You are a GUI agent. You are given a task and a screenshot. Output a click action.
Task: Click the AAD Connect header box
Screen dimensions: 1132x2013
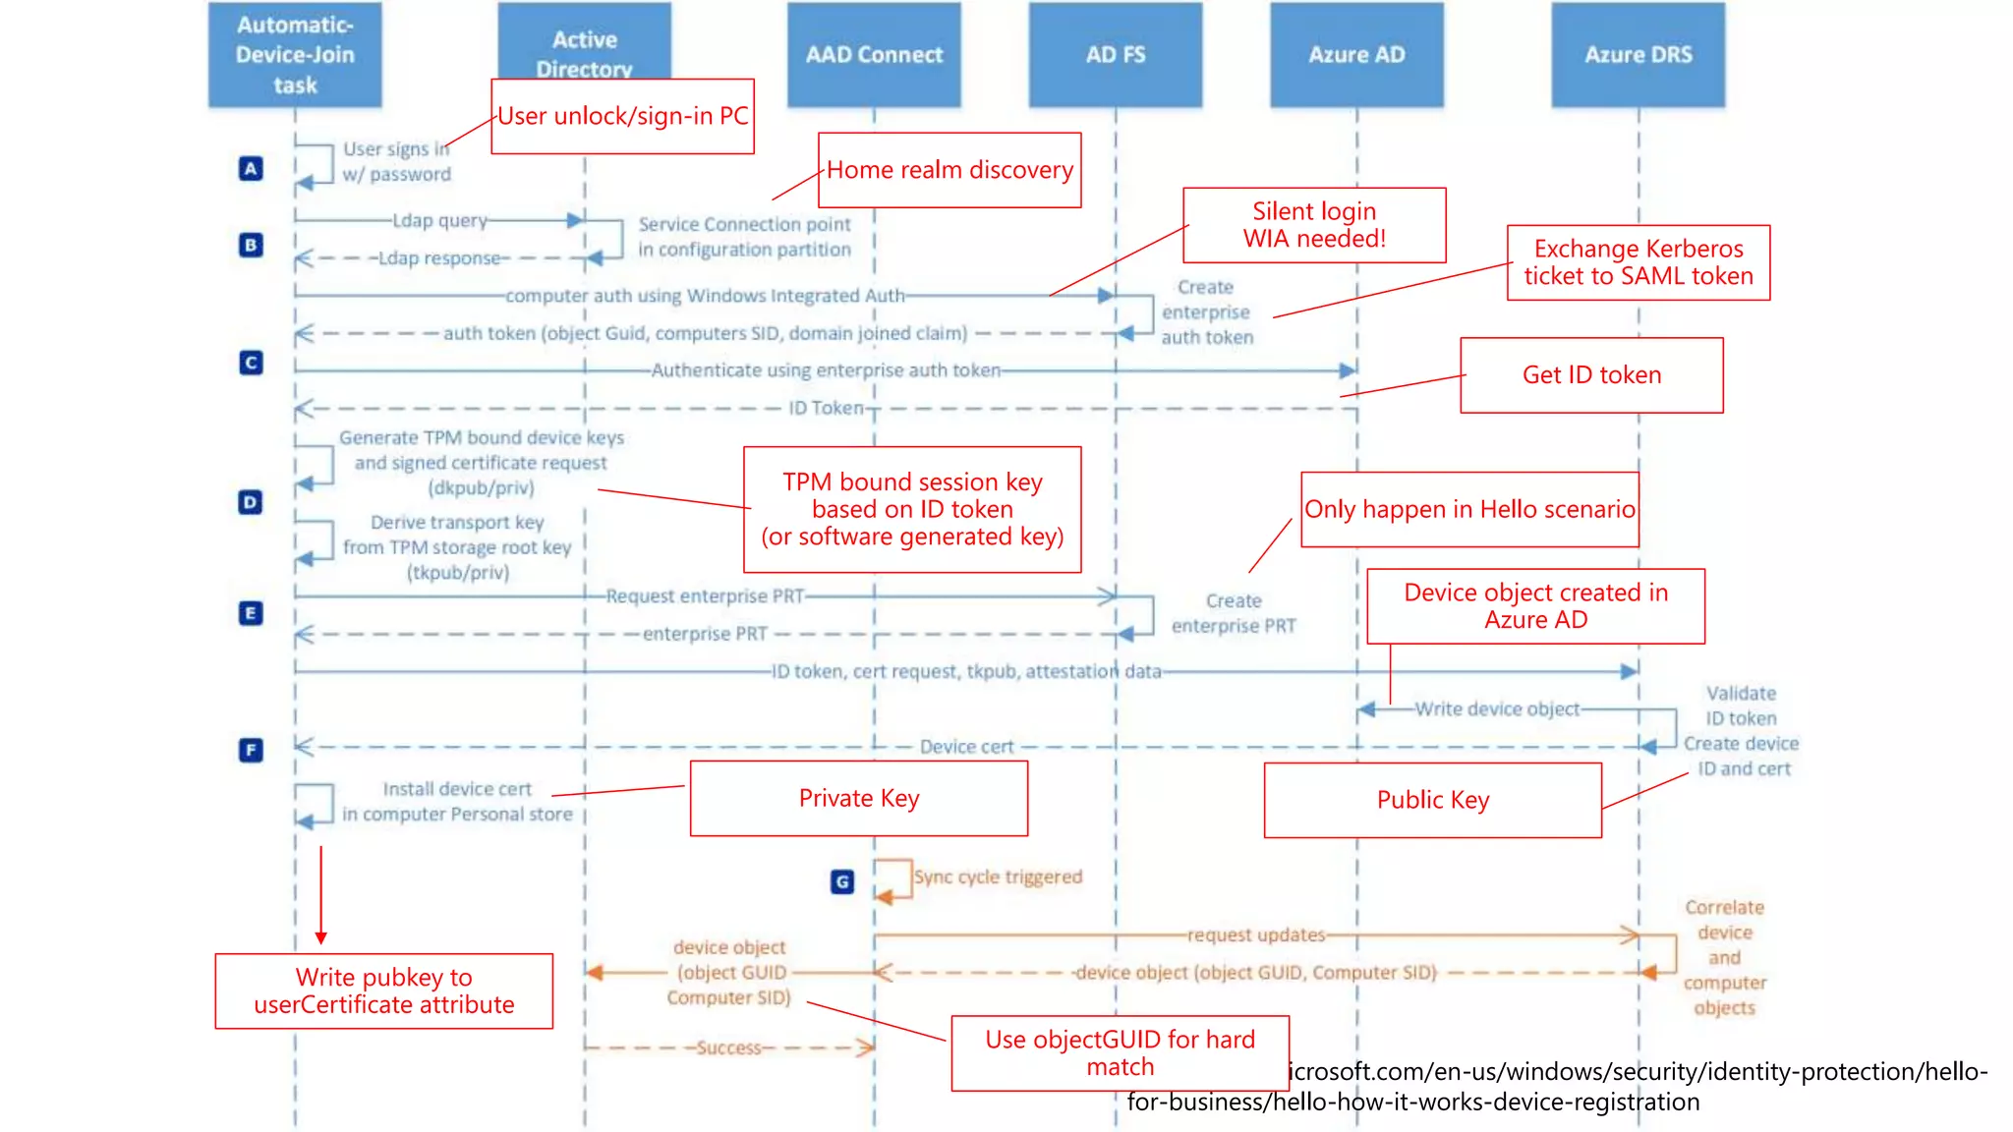(874, 55)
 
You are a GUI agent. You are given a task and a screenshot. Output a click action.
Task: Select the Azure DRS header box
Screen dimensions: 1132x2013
(1638, 55)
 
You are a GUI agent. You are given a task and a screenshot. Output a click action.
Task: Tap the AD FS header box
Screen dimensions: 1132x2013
(1115, 55)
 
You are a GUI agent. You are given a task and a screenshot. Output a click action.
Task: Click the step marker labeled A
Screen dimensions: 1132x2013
(252, 168)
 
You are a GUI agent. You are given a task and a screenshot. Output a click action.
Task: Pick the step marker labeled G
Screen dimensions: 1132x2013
(842, 881)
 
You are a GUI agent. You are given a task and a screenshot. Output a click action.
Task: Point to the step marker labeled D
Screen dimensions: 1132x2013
(252, 502)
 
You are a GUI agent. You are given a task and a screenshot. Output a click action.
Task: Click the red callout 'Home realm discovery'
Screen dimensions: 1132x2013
(949, 170)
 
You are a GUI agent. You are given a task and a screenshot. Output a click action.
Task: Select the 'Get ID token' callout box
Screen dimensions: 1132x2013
(1591, 375)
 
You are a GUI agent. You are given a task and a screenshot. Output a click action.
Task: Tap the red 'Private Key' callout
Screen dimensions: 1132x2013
(859, 798)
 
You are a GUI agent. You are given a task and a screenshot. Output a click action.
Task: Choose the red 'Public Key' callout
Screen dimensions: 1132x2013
(1432, 800)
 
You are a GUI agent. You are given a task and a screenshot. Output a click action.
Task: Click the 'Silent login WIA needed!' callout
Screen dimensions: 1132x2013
(1314, 225)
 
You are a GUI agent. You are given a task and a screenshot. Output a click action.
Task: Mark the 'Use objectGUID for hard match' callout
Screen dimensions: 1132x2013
(1120, 1052)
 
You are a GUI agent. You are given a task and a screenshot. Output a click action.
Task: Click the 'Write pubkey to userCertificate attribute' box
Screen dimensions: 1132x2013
(383, 990)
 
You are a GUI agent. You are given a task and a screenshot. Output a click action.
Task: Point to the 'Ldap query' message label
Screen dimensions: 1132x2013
(439, 220)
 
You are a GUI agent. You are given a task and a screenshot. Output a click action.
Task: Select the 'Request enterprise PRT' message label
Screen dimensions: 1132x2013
(705, 595)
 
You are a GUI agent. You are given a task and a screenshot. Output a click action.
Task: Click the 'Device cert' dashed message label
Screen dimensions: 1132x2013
(966, 747)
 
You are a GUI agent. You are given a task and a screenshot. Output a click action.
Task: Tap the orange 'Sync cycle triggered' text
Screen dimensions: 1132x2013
(998, 877)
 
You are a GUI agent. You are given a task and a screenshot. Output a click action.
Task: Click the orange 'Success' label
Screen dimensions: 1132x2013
(728, 1047)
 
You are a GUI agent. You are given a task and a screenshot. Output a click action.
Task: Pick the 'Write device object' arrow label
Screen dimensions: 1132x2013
(1496, 708)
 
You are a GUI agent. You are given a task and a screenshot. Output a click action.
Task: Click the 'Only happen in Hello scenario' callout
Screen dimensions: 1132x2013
(1469, 509)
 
